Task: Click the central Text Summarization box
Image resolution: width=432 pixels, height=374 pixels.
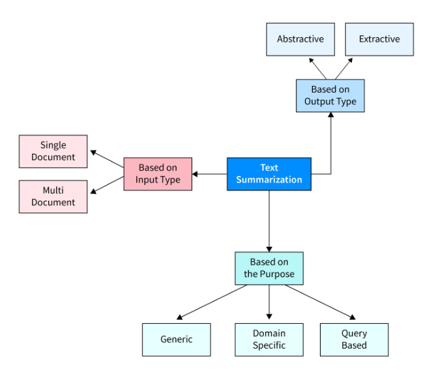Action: pyautogui.click(x=268, y=174)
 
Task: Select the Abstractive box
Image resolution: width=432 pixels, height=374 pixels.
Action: pyautogui.click(x=300, y=39)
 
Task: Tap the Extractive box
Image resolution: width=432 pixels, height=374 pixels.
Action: pyautogui.click(x=379, y=39)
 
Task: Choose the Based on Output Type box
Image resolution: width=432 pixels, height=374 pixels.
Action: pyautogui.click(x=330, y=96)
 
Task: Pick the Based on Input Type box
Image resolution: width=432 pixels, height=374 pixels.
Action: pyautogui.click(x=158, y=174)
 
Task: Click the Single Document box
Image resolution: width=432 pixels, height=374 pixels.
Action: pyautogui.click(x=53, y=151)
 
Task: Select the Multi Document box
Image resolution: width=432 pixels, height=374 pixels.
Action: pyautogui.click(x=53, y=197)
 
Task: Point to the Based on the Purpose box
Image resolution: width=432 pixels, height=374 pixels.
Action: pyautogui.click(x=268, y=268)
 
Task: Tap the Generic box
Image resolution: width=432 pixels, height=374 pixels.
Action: pyautogui.click(x=177, y=339)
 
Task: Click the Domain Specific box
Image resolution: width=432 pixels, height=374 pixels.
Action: pyautogui.click(x=268, y=339)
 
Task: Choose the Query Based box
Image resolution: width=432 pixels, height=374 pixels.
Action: pyautogui.click(x=354, y=339)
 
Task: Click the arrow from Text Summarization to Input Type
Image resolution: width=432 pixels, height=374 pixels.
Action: pyautogui.click(x=209, y=174)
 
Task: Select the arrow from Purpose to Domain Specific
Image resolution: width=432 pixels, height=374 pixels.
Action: pyautogui.click(x=268, y=303)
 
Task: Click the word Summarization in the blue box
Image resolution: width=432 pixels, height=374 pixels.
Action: pyautogui.click(x=268, y=180)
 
